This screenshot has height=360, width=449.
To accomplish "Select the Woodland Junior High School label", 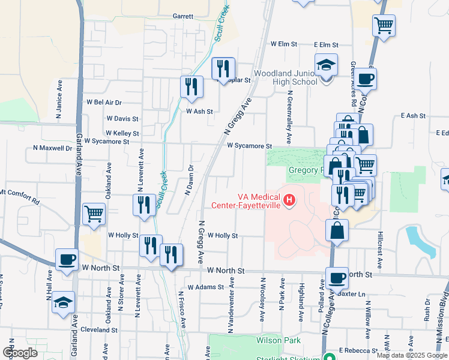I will [x=285, y=77].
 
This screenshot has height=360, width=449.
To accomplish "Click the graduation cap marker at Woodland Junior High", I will [x=327, y=65].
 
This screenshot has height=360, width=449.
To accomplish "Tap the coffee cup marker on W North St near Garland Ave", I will [x=67, y=260].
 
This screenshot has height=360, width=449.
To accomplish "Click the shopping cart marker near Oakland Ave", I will [x=94, y=214].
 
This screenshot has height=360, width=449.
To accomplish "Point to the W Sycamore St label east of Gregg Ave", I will [x=249, y=146].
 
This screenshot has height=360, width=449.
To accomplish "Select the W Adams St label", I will [x=205, y=287].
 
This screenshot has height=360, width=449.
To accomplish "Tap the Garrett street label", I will [x=183, y=16].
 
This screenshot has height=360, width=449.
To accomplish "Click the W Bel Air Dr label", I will [x=104, y=103].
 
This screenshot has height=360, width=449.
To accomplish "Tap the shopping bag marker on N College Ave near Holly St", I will [x=338, y=230].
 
